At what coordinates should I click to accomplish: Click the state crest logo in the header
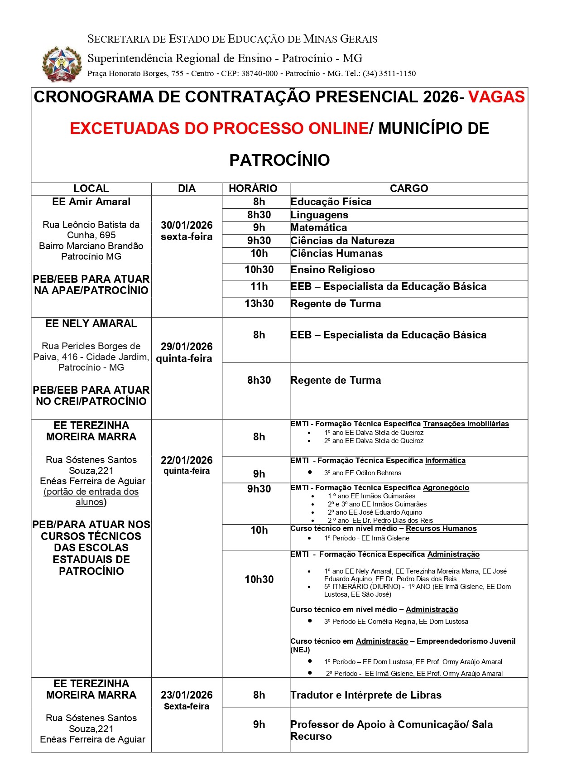pos(62,63)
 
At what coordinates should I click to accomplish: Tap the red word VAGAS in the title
pos(496,97)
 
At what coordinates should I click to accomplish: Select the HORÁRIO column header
pos(253,188)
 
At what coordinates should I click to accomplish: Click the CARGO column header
pos(409,188)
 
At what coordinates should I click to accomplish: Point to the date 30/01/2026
pos(187,225)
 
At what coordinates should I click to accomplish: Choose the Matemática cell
pos(319,227)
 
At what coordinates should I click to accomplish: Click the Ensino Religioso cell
pos(332,270)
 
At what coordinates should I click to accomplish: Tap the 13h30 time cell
pos(259,304)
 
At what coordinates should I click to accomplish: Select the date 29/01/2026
pos(187,347)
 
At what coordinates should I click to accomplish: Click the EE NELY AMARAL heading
pos(91,323)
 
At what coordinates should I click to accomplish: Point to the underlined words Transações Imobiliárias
pos(466,424)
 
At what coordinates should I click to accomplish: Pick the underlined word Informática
pos(445,461)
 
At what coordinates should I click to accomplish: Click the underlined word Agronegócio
pos(446,488)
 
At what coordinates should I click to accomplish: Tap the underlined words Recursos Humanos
pos(441,529)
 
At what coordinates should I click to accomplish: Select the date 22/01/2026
pos(187,460)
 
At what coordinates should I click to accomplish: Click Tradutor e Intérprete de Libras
pos(366,695)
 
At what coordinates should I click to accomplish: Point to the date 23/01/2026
pos(187,695)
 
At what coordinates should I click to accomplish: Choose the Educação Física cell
pos(331,202)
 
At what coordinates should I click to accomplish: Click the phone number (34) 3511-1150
pos(389,73)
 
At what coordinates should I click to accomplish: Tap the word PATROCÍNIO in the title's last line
pos(279,160)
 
